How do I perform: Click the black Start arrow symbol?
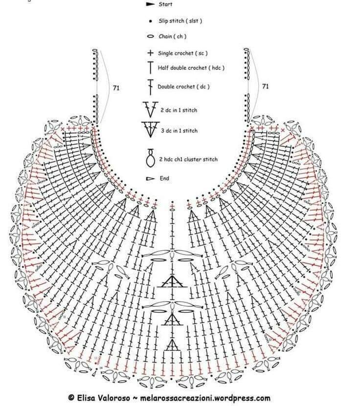pyautogui.click(x=150, y=4)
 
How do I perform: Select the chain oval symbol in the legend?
pyautogui.click(x=151, y=37)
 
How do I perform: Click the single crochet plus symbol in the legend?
pyautogui.click(x=150, y=53)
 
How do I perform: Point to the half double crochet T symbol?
pyautogui.click(x=150, y=67)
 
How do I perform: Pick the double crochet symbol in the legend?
pyautogui.click(x=150, y=87)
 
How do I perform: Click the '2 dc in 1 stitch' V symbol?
pyautogui.click(x=150, y=109)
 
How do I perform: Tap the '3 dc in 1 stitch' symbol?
pyautogui.click(x=150, y=129)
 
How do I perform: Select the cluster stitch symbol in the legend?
pyautogui.click(x=150, y=158)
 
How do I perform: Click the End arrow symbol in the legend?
pyautogui.click(x=150, y=178)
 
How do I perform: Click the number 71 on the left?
pyautogui.click(x=116, y=88)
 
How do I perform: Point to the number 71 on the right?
pyautogui.click(x=266, y=86)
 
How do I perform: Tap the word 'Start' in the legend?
pyautogui.click(x=165, y=4)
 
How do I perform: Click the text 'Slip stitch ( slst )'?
pyautogui.click(x=180, y=21)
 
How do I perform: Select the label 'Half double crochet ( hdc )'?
pyautogui.click(x=191, y=68)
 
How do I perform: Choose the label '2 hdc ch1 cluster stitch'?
pyautogui.click(x=188, y=159)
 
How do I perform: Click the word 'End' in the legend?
pyautogui.click(x=164, y=178)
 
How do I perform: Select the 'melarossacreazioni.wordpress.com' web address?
pyautogui.click(x=205, y=398)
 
